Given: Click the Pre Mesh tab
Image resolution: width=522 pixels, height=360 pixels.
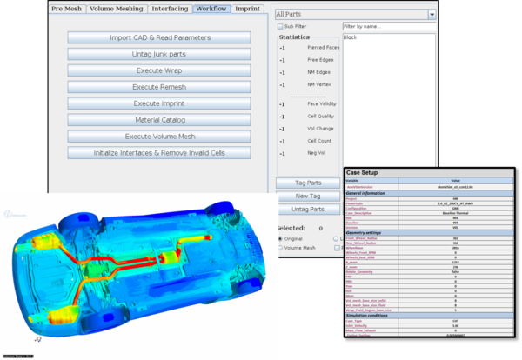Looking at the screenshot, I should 68,8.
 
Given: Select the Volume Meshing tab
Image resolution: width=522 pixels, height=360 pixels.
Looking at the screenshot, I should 117,8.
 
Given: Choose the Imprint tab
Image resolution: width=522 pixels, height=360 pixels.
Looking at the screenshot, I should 248,8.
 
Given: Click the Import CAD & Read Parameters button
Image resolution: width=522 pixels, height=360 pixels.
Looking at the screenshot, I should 159,38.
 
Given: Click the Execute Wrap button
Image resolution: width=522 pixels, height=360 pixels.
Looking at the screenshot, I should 159,71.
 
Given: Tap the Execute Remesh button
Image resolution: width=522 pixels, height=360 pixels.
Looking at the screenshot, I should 159,88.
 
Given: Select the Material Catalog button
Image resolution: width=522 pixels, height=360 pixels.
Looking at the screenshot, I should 159,120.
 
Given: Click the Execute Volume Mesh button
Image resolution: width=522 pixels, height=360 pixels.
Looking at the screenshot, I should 159,137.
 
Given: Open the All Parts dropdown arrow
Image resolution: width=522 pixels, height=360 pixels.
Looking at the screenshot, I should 432,14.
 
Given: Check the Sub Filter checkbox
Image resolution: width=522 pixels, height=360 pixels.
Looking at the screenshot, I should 280,27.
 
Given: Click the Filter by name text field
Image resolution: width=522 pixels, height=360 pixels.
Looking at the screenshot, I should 388,27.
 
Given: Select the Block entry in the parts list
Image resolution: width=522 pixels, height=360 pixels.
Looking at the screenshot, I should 351,38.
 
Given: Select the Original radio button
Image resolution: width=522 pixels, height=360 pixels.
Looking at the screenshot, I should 280,237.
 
